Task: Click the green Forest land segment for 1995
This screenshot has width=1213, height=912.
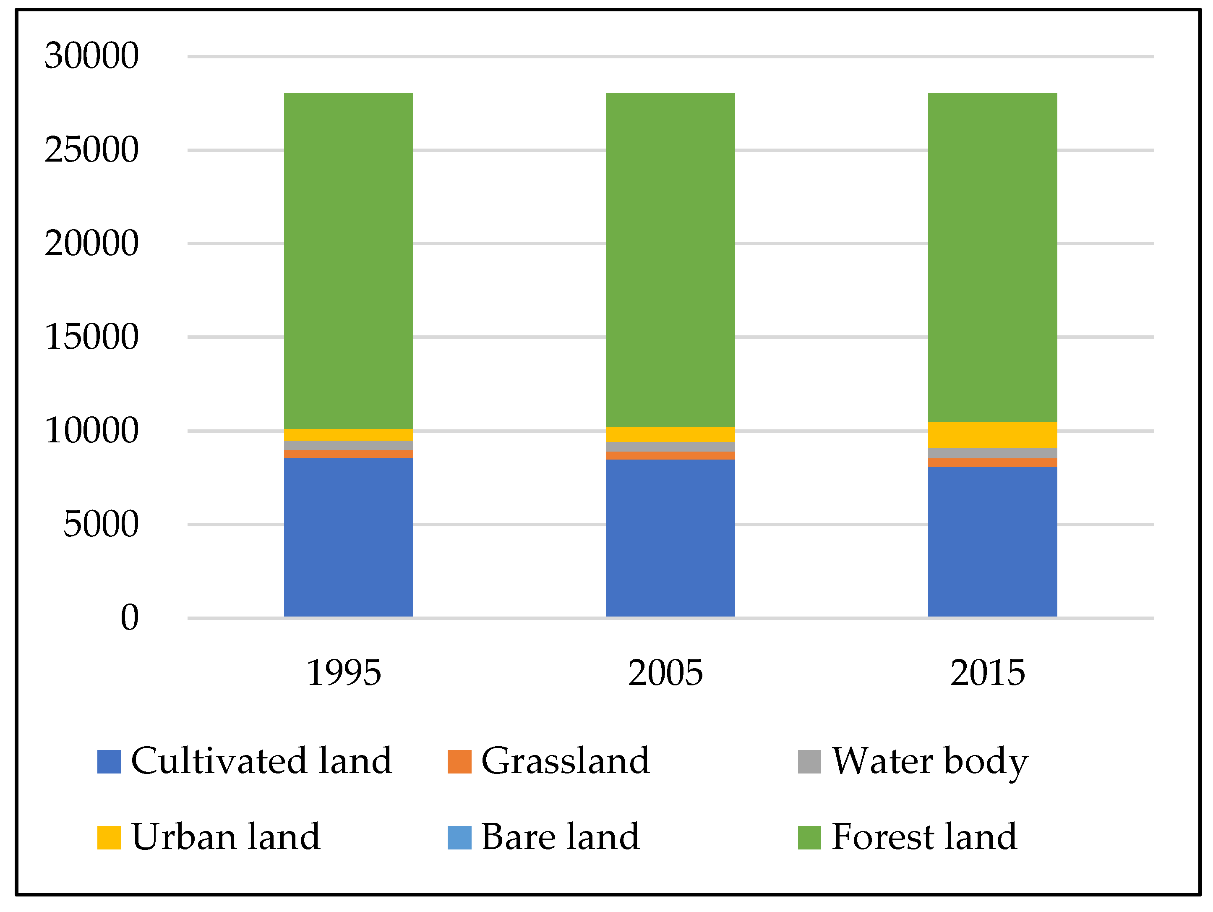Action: tap(348, 261)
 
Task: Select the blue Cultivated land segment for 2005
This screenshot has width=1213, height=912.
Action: tap(670, 538)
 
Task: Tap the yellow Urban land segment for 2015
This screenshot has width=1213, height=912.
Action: tap(992, 435)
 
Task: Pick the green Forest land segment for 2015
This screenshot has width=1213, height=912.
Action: tap(992, 257)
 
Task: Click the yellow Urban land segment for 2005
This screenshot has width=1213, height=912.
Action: tap(670, 434)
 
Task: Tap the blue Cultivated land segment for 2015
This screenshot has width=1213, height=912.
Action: tap(992, 541)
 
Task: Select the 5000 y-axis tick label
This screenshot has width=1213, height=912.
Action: tap(101, 524)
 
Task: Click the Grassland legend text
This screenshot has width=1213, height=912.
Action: tap(565, 761)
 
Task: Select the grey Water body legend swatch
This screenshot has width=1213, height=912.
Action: tap(809, 762)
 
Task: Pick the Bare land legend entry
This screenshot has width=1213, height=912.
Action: tap(559, 837)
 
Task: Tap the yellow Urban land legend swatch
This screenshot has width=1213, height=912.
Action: tap(109, 837)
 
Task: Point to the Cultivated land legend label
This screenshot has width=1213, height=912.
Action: tap(261, 761)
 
